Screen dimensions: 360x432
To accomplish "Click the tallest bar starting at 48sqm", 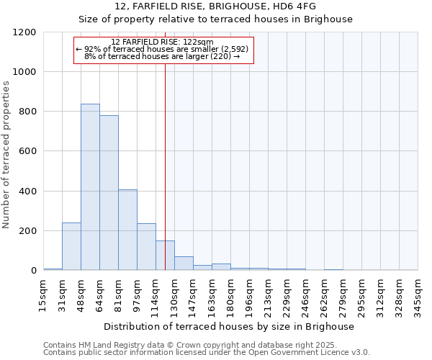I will (90, 187).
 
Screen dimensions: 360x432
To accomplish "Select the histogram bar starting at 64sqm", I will (109, 193).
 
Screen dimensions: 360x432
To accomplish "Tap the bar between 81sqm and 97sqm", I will (127, 230).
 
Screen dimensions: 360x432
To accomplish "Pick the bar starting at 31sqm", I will (71, 246).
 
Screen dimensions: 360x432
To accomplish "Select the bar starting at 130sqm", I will (184, 264).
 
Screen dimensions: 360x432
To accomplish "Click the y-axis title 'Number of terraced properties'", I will (6, 155).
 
